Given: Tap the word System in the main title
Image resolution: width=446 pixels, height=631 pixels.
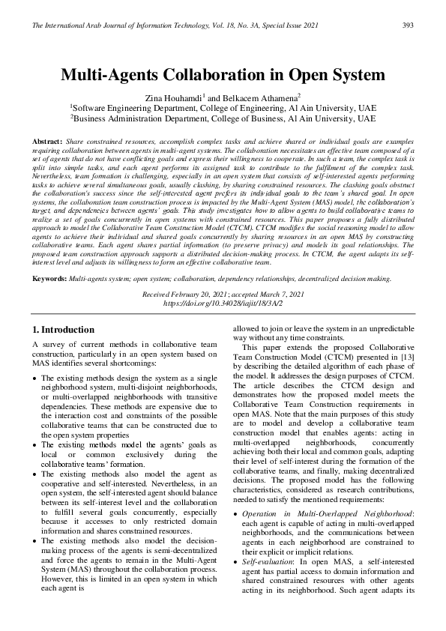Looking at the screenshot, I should click(x=358, y=76).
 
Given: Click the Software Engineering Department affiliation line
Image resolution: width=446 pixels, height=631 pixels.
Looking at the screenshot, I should click(x=223, y=108).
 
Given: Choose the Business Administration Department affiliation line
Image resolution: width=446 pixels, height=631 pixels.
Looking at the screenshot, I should click(x=223, y=118).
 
